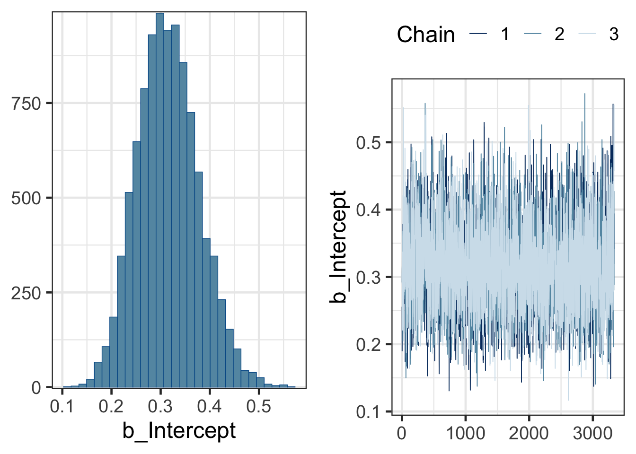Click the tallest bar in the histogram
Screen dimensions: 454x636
coord(160,199)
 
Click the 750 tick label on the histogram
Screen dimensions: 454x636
coord(26,104)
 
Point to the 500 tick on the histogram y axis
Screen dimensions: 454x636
coord(26,198)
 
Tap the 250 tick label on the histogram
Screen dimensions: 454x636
coord(26,293)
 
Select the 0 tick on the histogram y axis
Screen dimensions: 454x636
coord(36,388)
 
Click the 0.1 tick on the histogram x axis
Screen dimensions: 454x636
coord(62,406)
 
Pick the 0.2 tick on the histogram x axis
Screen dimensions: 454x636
coord(111,406)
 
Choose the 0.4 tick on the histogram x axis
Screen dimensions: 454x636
coord(210,406)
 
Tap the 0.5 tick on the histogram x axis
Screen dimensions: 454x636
coord(259,406)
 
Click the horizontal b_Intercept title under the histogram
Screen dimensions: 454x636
coord(179,431)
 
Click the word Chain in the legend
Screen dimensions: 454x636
coord(425,35)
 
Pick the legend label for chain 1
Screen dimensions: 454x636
coord(505,34)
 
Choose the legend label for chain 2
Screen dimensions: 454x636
coord(559,34)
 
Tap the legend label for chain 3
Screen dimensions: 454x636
coord(614,34)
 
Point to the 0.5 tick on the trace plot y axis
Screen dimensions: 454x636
coord(368,142)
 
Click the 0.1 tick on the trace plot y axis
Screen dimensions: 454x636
coord(368,412)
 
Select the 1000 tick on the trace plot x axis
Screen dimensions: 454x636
coord(466,433)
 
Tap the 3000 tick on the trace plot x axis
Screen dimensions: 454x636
coord(593,433)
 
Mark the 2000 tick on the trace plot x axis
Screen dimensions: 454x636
coord(529,433)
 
